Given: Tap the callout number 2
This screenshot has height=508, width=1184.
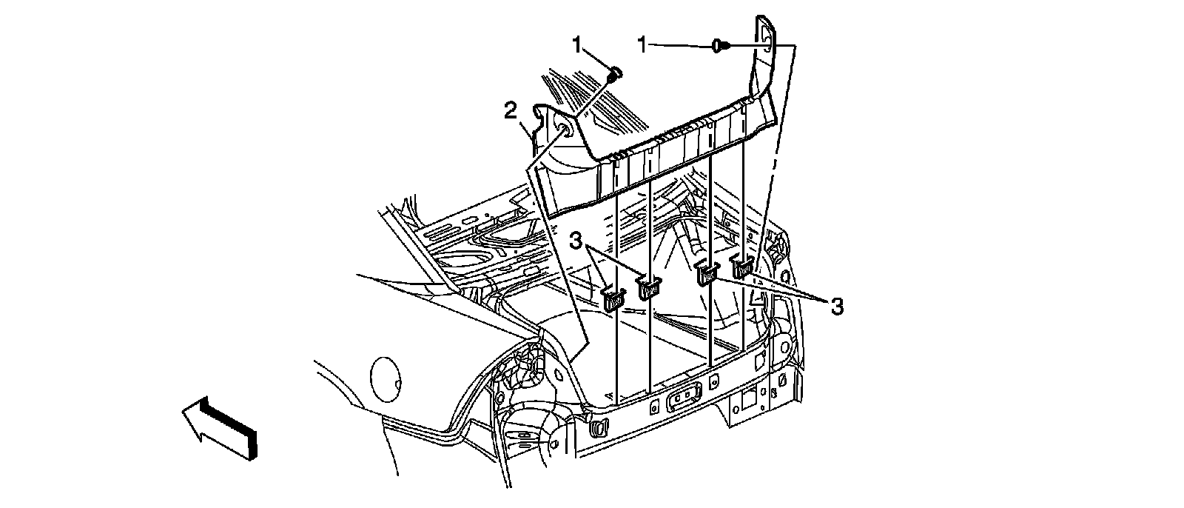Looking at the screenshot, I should coord(510,112).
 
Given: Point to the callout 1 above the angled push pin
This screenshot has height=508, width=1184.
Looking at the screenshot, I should coord(577,45).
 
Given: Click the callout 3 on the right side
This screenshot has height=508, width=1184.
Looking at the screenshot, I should coord(836,306).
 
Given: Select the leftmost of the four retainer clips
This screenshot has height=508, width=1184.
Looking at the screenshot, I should coord(614,298).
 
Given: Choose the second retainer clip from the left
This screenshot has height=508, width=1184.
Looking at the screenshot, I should coord(649,287).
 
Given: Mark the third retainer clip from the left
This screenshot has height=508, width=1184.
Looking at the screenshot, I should coord(707,273).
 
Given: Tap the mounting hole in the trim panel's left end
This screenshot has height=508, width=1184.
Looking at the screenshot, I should coord(565,131).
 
